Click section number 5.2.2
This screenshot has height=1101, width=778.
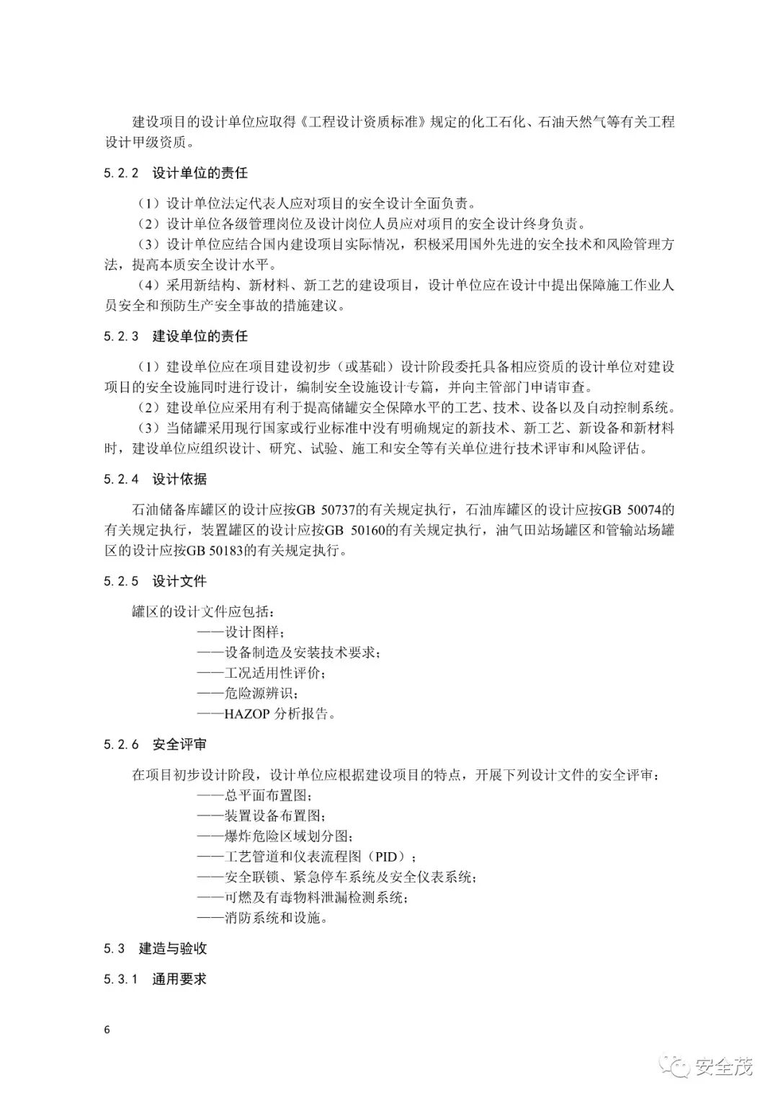click(120, 173)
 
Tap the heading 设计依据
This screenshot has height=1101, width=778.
click(179, 479)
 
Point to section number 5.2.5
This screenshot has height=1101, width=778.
click(120, 581)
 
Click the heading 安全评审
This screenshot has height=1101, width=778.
click(179, 744)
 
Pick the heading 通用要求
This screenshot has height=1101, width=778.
click(179, 979)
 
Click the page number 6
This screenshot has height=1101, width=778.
click(107, 1029)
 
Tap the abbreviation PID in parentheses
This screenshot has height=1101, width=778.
click(389, 857)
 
